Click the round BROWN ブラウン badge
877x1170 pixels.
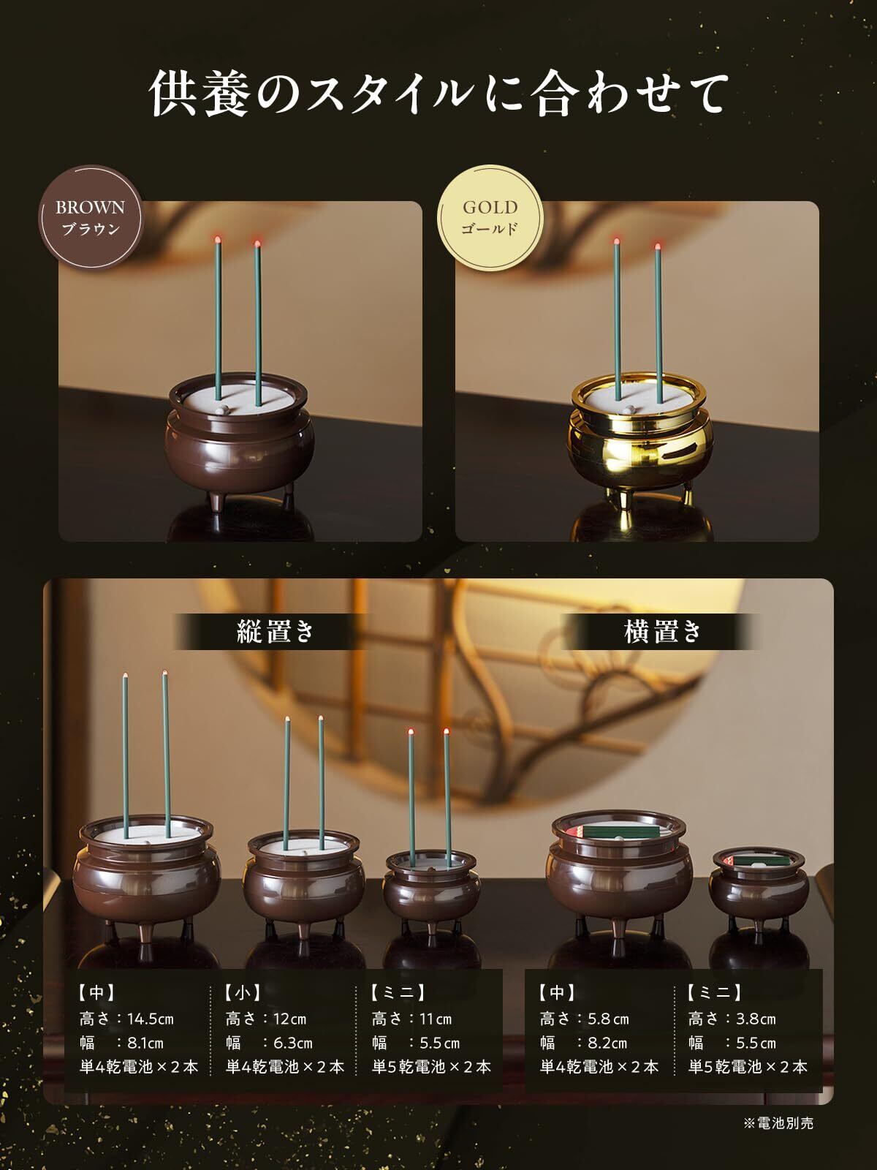91,217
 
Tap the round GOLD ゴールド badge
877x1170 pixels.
490,217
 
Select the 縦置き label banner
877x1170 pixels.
275,632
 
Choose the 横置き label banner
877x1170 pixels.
662,632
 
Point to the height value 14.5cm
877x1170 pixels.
151,1019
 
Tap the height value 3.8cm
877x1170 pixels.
756,1019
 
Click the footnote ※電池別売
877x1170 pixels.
778,1123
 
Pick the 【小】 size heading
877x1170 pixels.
243,992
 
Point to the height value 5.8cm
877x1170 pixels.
608,1019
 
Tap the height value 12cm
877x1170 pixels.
289,1019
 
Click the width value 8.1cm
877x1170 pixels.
145,1043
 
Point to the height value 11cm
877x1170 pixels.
436,1019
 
